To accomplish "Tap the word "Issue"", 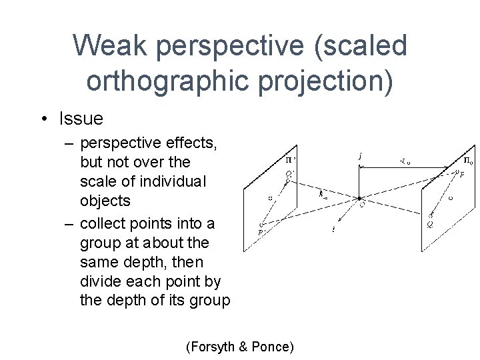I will pos(81,119).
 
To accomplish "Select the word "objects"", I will pos(105,200).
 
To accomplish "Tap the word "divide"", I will pos(101,281).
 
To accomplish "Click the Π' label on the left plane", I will pos(291,160).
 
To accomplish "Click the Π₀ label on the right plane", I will pos(469,160).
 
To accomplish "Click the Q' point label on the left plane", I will pos(290,173).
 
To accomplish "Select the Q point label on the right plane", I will pos(431,225).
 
